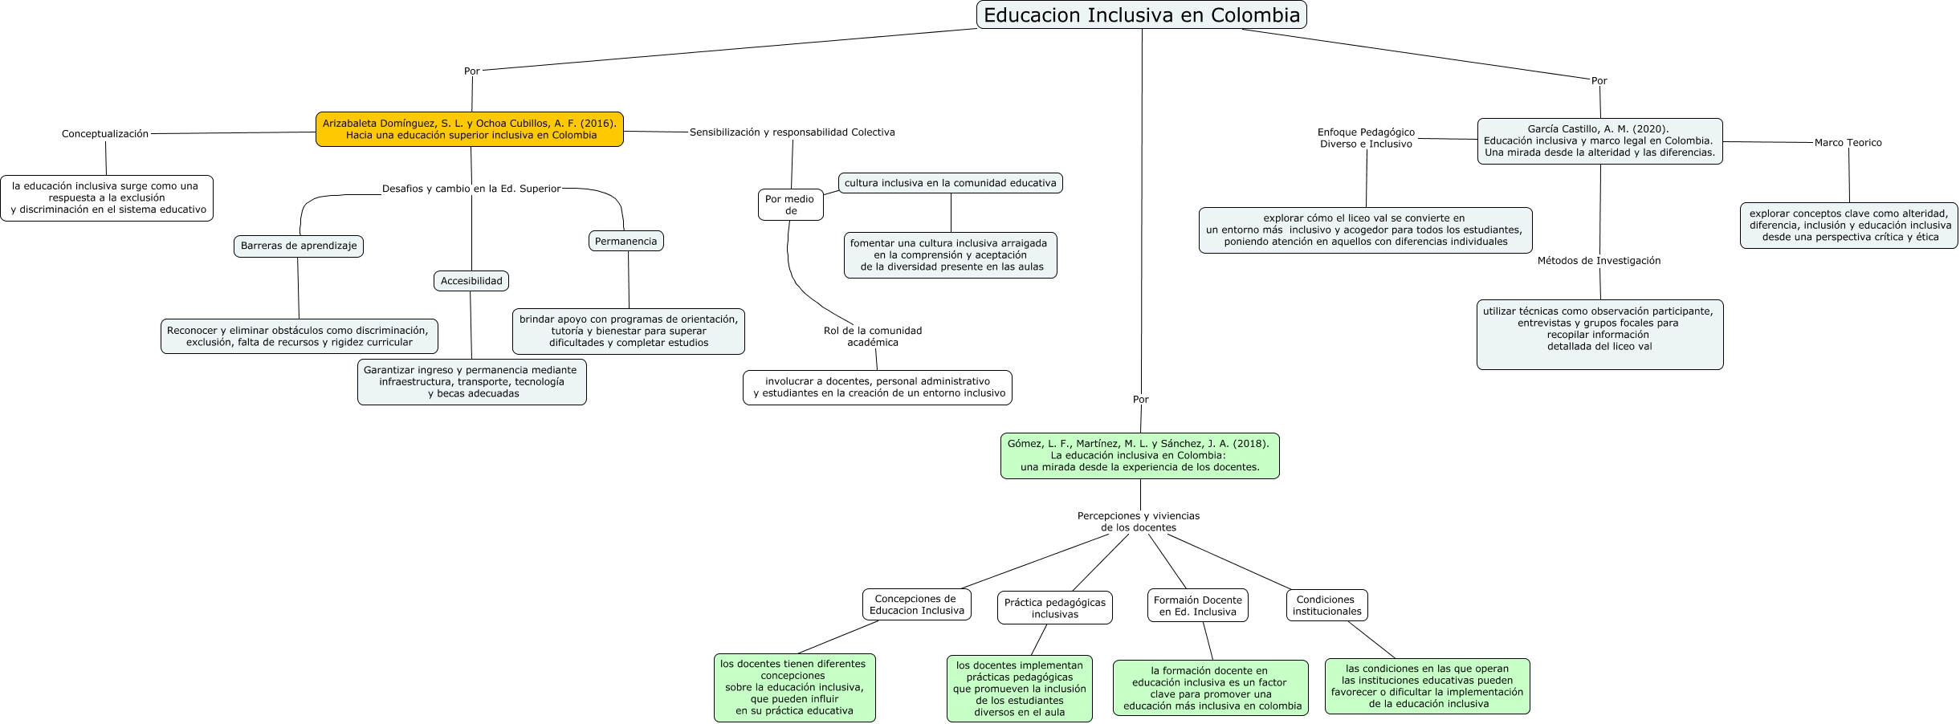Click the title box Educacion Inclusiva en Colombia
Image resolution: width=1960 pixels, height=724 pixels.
tap(1141, 15)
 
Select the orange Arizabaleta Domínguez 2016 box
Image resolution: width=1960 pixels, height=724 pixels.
tap(470, 129)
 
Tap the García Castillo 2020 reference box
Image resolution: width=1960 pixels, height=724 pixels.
tap(1599, 141)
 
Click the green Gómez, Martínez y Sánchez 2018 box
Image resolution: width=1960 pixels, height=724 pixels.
tap(1139, 455)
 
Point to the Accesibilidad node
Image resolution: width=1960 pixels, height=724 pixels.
tap(471, 281)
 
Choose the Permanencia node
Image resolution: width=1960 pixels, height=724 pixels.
tap(626, 241)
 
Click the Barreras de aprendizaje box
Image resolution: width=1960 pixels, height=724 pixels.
tap(299, 246)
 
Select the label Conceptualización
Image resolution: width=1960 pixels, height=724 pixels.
tap(105, 134)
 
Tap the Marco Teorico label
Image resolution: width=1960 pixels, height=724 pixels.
tap(1848, 143)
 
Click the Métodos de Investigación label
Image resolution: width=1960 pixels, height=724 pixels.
tap(1599, 261)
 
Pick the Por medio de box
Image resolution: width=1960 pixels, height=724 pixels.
tap(790, 205)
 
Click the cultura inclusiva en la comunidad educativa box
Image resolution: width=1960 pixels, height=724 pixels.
tap(950, 183)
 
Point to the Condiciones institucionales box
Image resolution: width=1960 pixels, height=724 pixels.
tap(1326, 605)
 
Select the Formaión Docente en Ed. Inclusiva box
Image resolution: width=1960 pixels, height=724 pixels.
tap(1197, 606)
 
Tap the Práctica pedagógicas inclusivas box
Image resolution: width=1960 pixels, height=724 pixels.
tap(1054, 608)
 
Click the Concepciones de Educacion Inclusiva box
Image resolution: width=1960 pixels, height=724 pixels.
tap(916, 604)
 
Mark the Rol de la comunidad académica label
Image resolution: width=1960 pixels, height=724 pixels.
tap(873, 336)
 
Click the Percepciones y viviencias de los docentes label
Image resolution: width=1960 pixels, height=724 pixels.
tap(1138, 522)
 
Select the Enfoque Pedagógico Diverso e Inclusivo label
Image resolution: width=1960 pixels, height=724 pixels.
tap(1366, 138)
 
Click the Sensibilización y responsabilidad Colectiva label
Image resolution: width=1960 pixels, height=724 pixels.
tap(792, 132)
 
